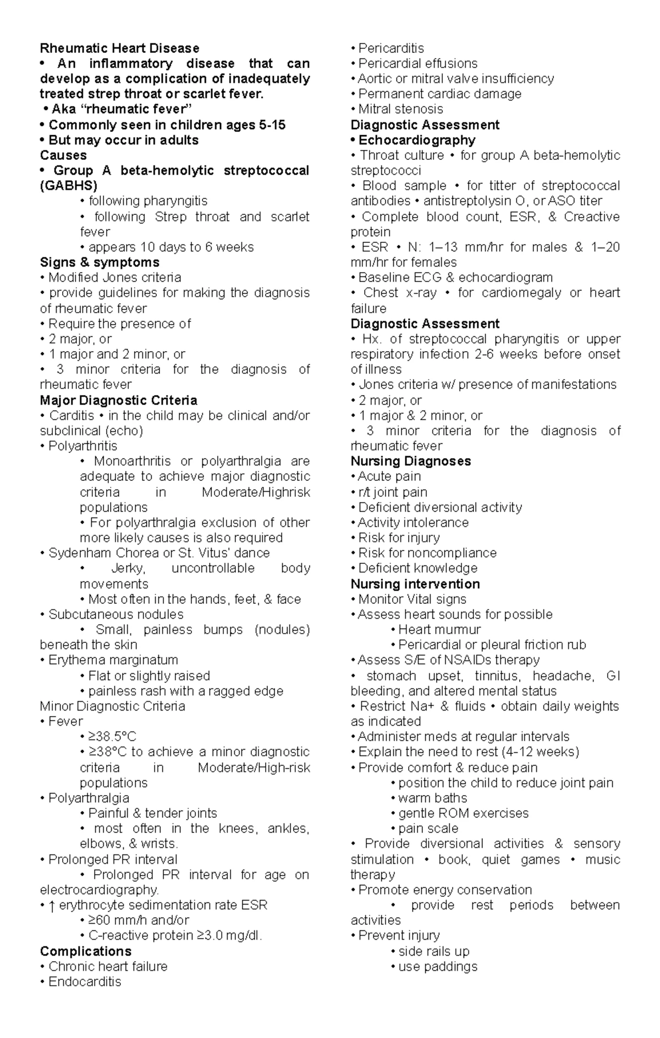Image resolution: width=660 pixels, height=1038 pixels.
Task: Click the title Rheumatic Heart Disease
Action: [119, 48]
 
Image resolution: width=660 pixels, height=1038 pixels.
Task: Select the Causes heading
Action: [63, 156]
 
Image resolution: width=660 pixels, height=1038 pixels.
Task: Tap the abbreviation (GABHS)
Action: [68, 186]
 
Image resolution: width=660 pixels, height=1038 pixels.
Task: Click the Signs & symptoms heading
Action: [100, 262]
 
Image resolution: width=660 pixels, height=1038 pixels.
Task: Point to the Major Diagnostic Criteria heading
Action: [118, 400]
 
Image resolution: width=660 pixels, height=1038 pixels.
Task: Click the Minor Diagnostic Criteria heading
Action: [112, 706]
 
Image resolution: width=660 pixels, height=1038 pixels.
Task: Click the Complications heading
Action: [86, 951]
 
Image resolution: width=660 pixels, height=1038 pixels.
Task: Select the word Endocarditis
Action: [85, 981]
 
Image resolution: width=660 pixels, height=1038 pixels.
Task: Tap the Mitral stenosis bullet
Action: [400, 109]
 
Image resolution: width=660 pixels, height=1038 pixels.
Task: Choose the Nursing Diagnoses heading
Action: [411, 461]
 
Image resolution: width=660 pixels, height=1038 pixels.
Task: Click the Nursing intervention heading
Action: [415, 584]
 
